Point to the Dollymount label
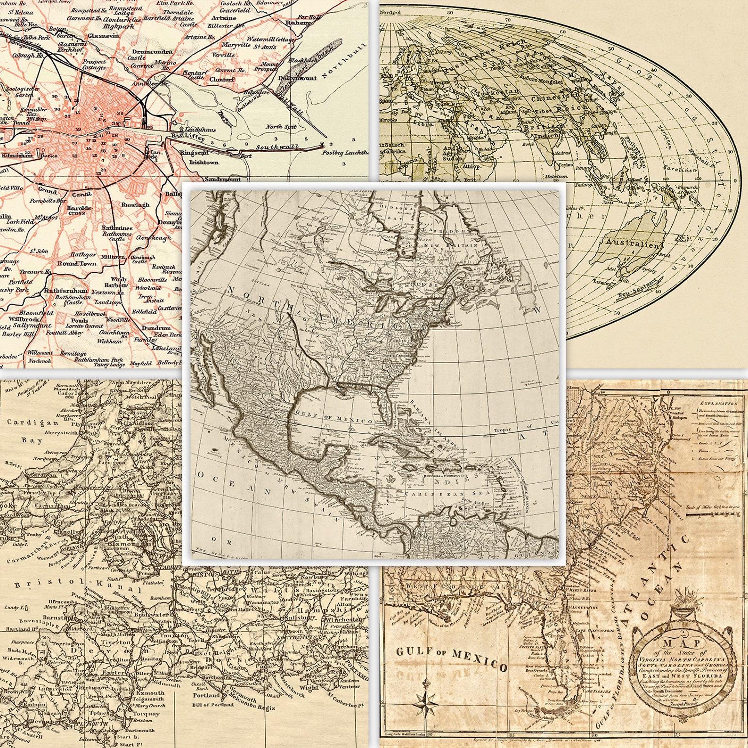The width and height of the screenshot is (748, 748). (297, 78)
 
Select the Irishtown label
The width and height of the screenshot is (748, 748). (204, 162)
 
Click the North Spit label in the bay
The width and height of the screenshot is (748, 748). (281, 127)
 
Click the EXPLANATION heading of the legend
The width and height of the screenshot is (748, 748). (719, 404)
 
